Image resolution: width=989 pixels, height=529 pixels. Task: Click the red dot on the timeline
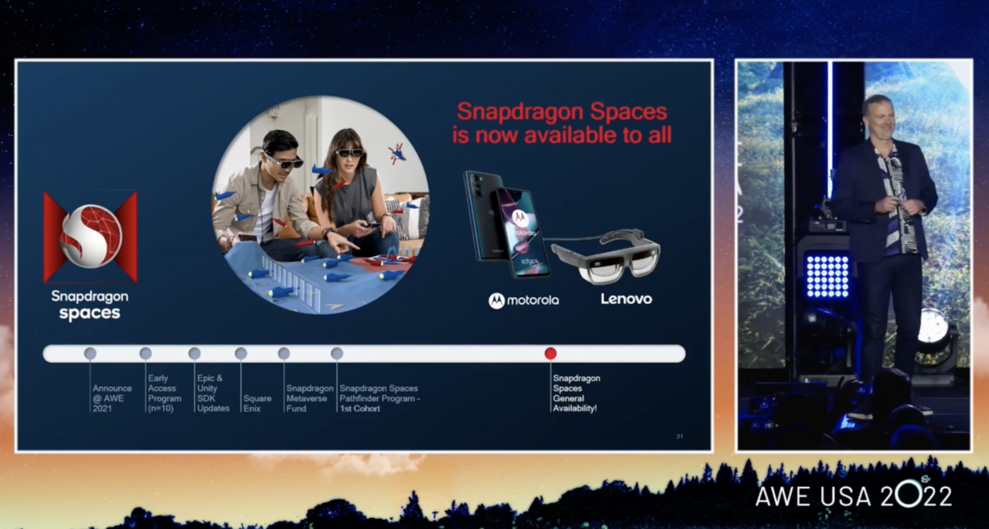point(550,353)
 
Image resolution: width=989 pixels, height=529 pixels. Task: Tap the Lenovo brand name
point(626,299)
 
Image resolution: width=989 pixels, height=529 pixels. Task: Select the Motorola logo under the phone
point(523,301)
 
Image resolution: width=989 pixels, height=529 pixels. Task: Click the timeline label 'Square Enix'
point(257,404)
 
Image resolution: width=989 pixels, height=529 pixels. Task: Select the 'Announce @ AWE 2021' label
point(112,398)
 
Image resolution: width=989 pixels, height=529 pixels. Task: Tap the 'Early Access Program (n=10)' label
point(164,393)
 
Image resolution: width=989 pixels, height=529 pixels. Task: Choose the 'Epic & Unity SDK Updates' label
point(212,393)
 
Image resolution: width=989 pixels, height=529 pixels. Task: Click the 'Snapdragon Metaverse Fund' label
point(309,398)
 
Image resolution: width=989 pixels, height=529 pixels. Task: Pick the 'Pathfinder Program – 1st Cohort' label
point(379,398)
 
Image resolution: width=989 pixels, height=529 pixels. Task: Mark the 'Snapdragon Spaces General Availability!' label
point(576,393)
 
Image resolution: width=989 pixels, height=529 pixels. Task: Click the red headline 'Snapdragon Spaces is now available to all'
point(561,123)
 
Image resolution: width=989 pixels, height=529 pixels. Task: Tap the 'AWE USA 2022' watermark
point(853,496)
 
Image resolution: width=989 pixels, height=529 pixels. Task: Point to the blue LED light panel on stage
point(827,277)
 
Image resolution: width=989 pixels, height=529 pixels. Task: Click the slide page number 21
point(679,436)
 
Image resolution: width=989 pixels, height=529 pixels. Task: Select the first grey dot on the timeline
point(90,353)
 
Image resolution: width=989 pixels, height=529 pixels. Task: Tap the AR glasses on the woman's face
point(350,153)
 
